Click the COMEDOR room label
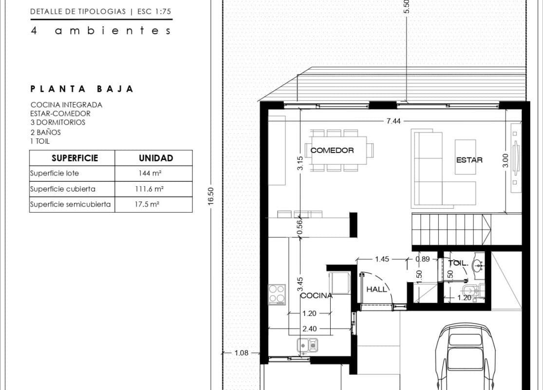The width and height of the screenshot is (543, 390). point(332,151)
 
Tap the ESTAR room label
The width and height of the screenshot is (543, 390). point(469,160)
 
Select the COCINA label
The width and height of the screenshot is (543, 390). point(316,296)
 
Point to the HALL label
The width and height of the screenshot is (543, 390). point(376,289)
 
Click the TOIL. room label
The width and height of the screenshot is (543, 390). point(458,263)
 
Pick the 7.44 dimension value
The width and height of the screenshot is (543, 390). point(393,121)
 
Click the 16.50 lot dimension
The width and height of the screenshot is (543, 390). point(211,196)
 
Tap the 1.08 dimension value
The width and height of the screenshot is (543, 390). point(242,353)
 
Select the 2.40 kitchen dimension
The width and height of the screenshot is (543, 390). point(309,329)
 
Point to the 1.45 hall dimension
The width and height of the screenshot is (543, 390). point(382,259)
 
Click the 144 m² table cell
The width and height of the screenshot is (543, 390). point(150,173)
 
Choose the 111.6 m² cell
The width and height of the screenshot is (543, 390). point(149,189)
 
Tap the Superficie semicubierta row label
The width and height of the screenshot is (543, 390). point(71,204)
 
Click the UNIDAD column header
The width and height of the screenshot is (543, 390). point(156,158)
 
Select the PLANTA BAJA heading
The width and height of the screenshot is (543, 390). point(82,89)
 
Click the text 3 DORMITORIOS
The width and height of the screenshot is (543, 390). point(58,122)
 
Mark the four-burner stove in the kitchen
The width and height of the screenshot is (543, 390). point(277,294)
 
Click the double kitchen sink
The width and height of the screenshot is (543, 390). point(307,346)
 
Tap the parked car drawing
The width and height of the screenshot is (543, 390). point(465,356)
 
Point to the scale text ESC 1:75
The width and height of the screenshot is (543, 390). point(154,11)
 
